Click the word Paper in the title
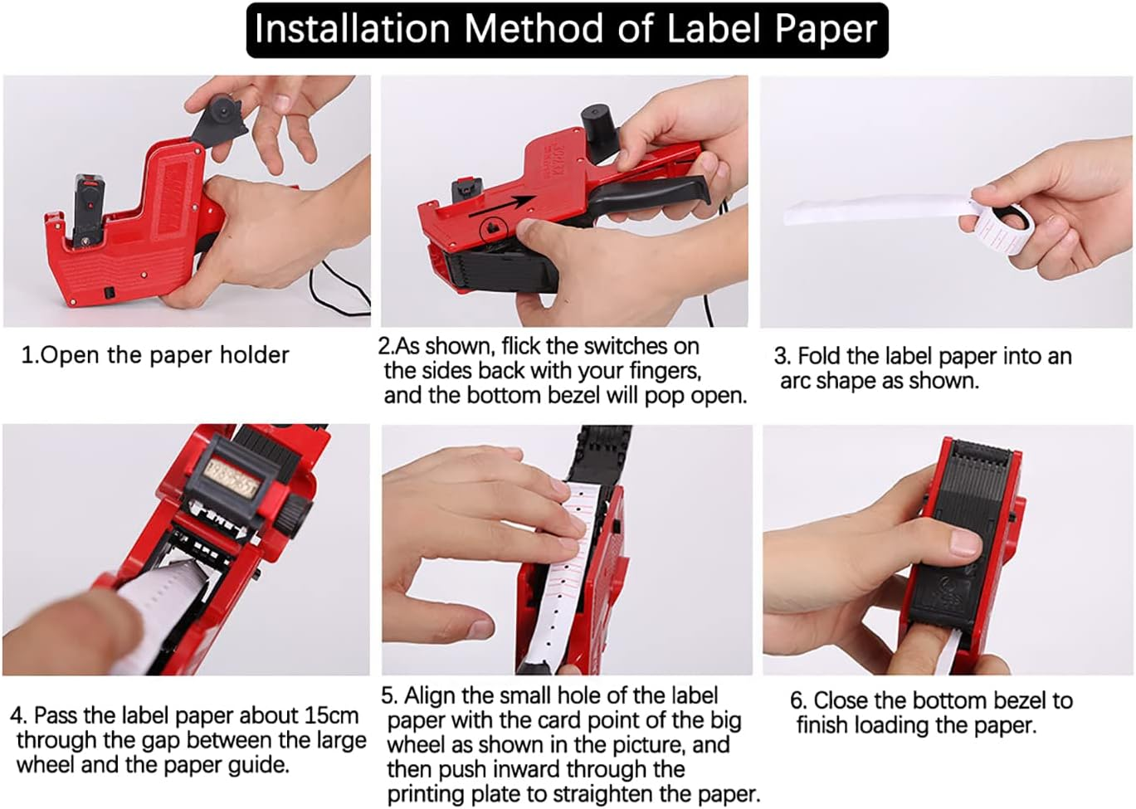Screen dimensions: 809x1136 825,29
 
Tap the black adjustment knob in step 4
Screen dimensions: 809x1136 294,514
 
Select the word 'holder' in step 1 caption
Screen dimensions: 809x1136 254,355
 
